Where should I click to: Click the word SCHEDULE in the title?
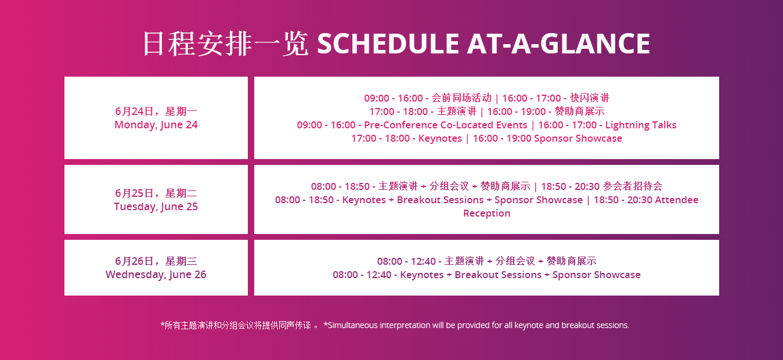[388, 44]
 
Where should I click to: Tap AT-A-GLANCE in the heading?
[558, 44]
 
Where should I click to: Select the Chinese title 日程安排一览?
[226, 44]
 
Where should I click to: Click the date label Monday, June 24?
[156, 125]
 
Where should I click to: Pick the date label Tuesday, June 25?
[156, 207]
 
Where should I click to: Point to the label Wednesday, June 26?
[156, 275]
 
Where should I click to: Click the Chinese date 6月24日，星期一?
[156, 111]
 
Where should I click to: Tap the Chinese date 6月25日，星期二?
[156, 193]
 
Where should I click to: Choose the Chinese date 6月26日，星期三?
[156, 261]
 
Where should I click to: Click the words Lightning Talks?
[641, 125]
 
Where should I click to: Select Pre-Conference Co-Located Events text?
[445, 125]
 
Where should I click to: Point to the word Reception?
[486, 213]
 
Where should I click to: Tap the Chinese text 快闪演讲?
[590, 98]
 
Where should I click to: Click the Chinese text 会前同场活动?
[461, 98]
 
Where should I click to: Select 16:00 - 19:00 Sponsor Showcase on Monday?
[547, 138]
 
